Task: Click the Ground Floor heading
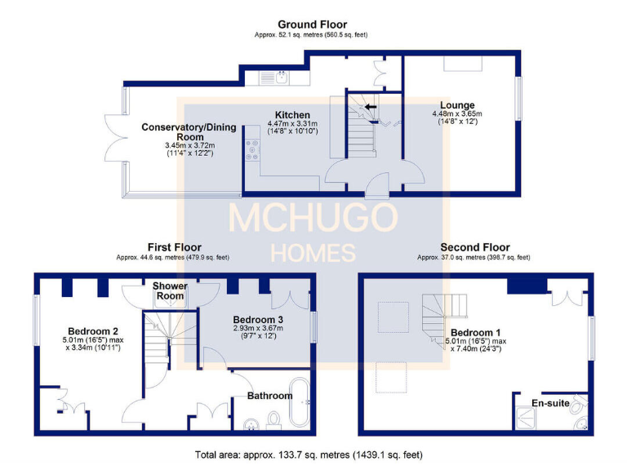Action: pyautogui.click(x=312, y=24)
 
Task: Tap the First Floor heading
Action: pyautogui.click(x=174, y=246)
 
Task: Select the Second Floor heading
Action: pyautogui.click(x=474, y=246)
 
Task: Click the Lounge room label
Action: pyautogui.click(x=457, y=105)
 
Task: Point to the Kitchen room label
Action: pyautogui.click(x=292, y=115)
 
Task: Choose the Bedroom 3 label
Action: pyautogui.click(x=258, y=319)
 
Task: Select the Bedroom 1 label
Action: pyautogui.click(x=474, y=332)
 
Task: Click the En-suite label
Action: pyautogui.click(x=550, y=403)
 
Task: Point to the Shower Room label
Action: pyautogui.click(x=170, y=291)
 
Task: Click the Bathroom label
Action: pyautogui.click(x=270, y=396)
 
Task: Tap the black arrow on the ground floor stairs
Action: pyautogui.click(x=371, y=106)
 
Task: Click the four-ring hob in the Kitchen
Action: pyautogui.click(x=250, y=150)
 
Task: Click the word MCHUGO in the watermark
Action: pyautogui.click(x=313, y=218)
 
